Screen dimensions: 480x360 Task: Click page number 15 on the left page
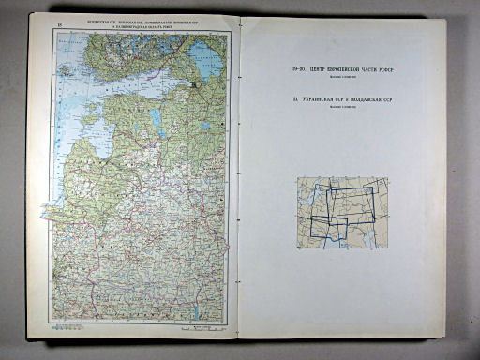point(61,22)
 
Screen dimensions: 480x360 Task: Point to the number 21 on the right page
point(295,97)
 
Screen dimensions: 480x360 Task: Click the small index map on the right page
point(342,213)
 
